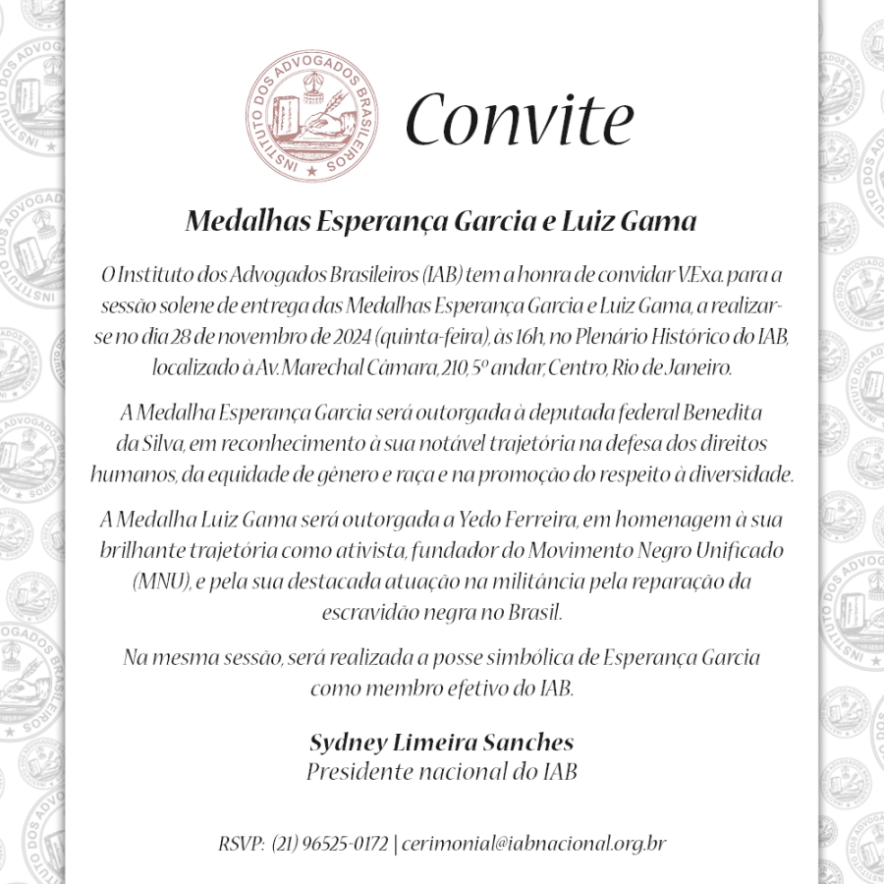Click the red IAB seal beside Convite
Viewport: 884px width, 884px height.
[310, 118]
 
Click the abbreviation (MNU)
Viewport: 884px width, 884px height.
[161, 581]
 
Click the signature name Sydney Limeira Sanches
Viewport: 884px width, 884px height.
[441, 742]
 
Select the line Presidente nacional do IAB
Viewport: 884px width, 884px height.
[441, 771]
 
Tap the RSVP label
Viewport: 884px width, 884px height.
[241, 844]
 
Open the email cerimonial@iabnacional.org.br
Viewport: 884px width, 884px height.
[534, 844]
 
